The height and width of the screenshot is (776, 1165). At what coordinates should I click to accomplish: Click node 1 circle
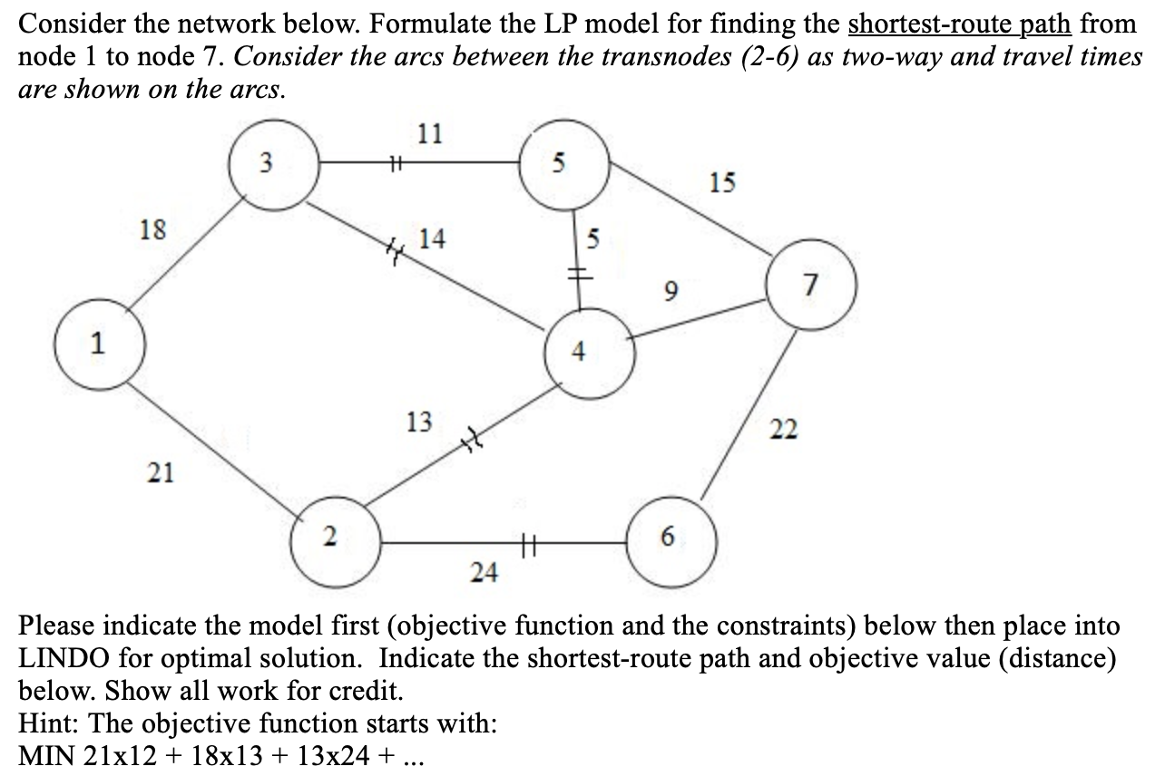(100, 344)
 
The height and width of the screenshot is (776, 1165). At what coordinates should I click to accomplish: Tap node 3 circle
(265, 164)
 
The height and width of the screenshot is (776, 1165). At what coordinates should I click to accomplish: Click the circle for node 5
(560, 164)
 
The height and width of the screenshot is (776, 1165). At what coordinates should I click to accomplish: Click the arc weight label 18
(152, 229)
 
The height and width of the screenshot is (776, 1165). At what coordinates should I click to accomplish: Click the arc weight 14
(432, 239)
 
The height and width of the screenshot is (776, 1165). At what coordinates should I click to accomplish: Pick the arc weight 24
(484, 572)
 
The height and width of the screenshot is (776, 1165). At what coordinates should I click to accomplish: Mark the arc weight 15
(722, 183)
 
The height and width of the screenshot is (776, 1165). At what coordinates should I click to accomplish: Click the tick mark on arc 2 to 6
(530, 543)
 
